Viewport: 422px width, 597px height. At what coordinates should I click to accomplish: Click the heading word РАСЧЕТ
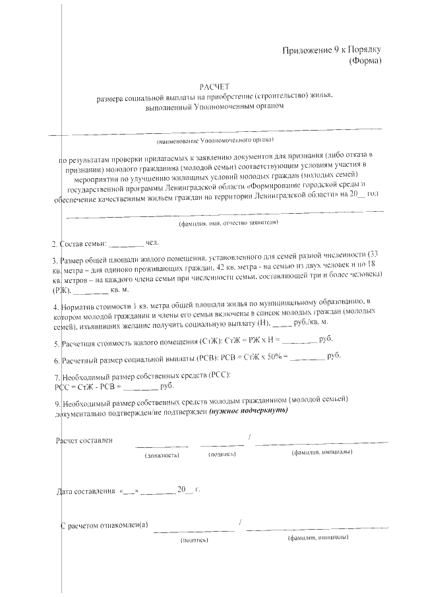click(x=215, y=86)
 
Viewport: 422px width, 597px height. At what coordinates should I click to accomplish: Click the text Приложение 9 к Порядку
click(x=332, y=50)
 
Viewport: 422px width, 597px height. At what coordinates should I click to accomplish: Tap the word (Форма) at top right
click(x=365, y=61)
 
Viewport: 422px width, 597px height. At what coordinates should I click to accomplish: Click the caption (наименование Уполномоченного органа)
click(x=215, y=141)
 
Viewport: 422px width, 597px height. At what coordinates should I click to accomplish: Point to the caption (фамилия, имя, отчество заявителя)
click(x=228, y=222)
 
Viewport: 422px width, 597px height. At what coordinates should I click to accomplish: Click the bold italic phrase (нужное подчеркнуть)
click(x=248, y=410)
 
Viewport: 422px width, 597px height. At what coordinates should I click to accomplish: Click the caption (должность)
click(x=162, y=455)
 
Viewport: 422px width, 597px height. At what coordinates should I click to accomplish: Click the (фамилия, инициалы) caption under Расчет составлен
click(x=321, y=453)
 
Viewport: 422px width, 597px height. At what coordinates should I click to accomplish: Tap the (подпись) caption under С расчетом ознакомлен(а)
click(x=195, y=540)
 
